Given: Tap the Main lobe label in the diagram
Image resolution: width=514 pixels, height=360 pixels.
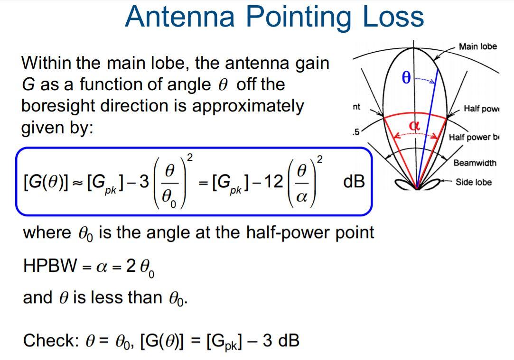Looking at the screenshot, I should pos(477,46).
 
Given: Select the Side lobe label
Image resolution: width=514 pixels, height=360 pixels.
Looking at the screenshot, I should pos(473,182).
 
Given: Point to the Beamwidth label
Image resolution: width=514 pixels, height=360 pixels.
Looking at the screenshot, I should pos(475,163).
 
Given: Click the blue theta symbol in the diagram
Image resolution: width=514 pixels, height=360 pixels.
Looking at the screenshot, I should pos(406,77).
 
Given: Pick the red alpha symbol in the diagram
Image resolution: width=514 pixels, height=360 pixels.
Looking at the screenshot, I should pos(415,126).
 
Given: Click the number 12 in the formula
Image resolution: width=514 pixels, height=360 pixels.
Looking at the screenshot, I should pos(274,181).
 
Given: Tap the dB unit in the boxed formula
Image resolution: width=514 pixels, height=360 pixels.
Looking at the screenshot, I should pos(354,181).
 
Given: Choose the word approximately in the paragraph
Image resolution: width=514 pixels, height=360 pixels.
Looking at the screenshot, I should pos(247,106).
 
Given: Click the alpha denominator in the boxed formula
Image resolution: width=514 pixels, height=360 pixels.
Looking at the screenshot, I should pos(301,197).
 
